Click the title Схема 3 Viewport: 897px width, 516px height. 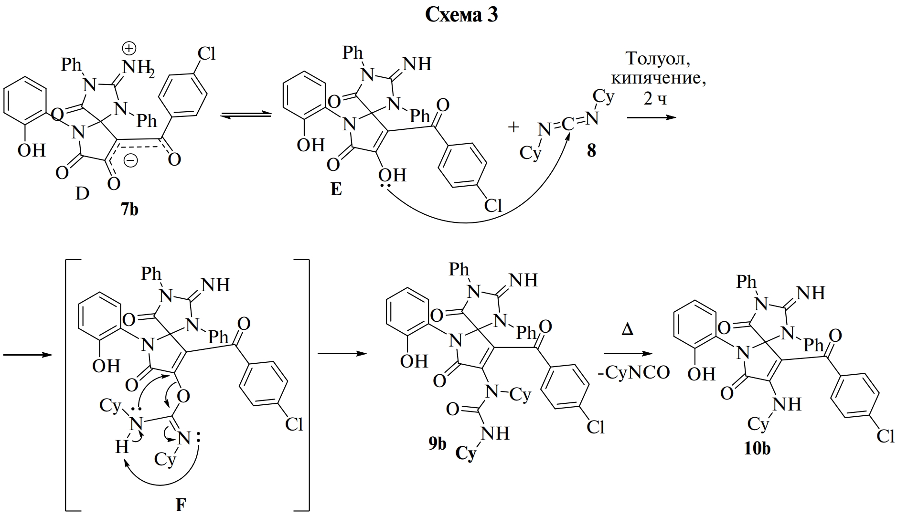pos(461,15)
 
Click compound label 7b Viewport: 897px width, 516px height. pos(129,209)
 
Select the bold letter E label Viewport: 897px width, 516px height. pos(336,190)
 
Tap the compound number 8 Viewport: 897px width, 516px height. pos(591,151)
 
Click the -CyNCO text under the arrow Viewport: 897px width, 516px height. pos(634,372)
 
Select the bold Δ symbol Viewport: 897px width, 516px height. pos(628,329)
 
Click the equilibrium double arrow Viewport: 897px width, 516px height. pos(245,115)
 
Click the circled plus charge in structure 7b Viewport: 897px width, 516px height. pos(129,48)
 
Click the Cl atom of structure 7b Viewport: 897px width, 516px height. pos(206,53)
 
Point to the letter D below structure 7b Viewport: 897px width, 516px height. pos(82,194)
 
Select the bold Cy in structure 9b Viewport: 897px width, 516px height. pos(466,453)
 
